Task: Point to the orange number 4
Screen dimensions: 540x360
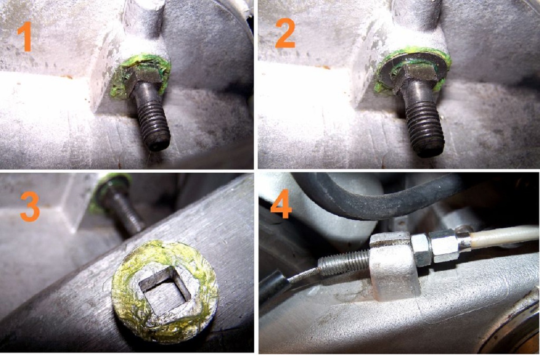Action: (x=281, y=204)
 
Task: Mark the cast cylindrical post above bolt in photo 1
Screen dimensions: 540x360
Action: (x=143, y=19)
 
